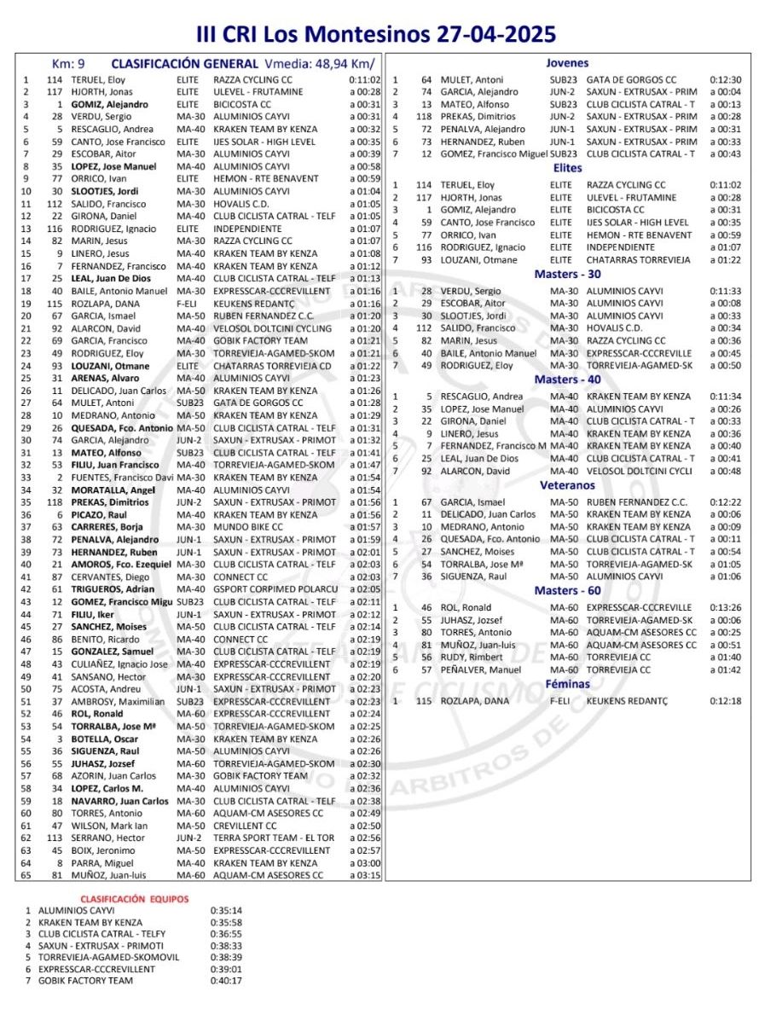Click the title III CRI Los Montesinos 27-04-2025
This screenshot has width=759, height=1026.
tap(376, 34)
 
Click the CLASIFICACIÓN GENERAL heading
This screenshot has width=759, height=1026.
tap(184, 64)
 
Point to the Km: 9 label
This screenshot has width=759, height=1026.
tap(68, 64)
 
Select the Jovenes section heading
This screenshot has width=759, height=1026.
tap(567, 63)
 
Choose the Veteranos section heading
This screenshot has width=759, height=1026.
tap(567, 484)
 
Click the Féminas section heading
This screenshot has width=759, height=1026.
tap(567, 683)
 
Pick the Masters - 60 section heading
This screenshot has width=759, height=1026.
tap(567, 591)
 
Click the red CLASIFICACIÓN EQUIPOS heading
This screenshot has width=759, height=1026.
tap(135, 899)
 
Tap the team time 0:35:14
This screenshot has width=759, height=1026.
tap(225, 910)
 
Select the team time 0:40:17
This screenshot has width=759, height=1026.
tap(225, 981)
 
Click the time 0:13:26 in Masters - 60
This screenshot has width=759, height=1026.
tap(725, 608)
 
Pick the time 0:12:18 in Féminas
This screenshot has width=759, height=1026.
tap(725, 700)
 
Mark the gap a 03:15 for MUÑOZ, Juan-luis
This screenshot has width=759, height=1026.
tap(364, 875)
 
